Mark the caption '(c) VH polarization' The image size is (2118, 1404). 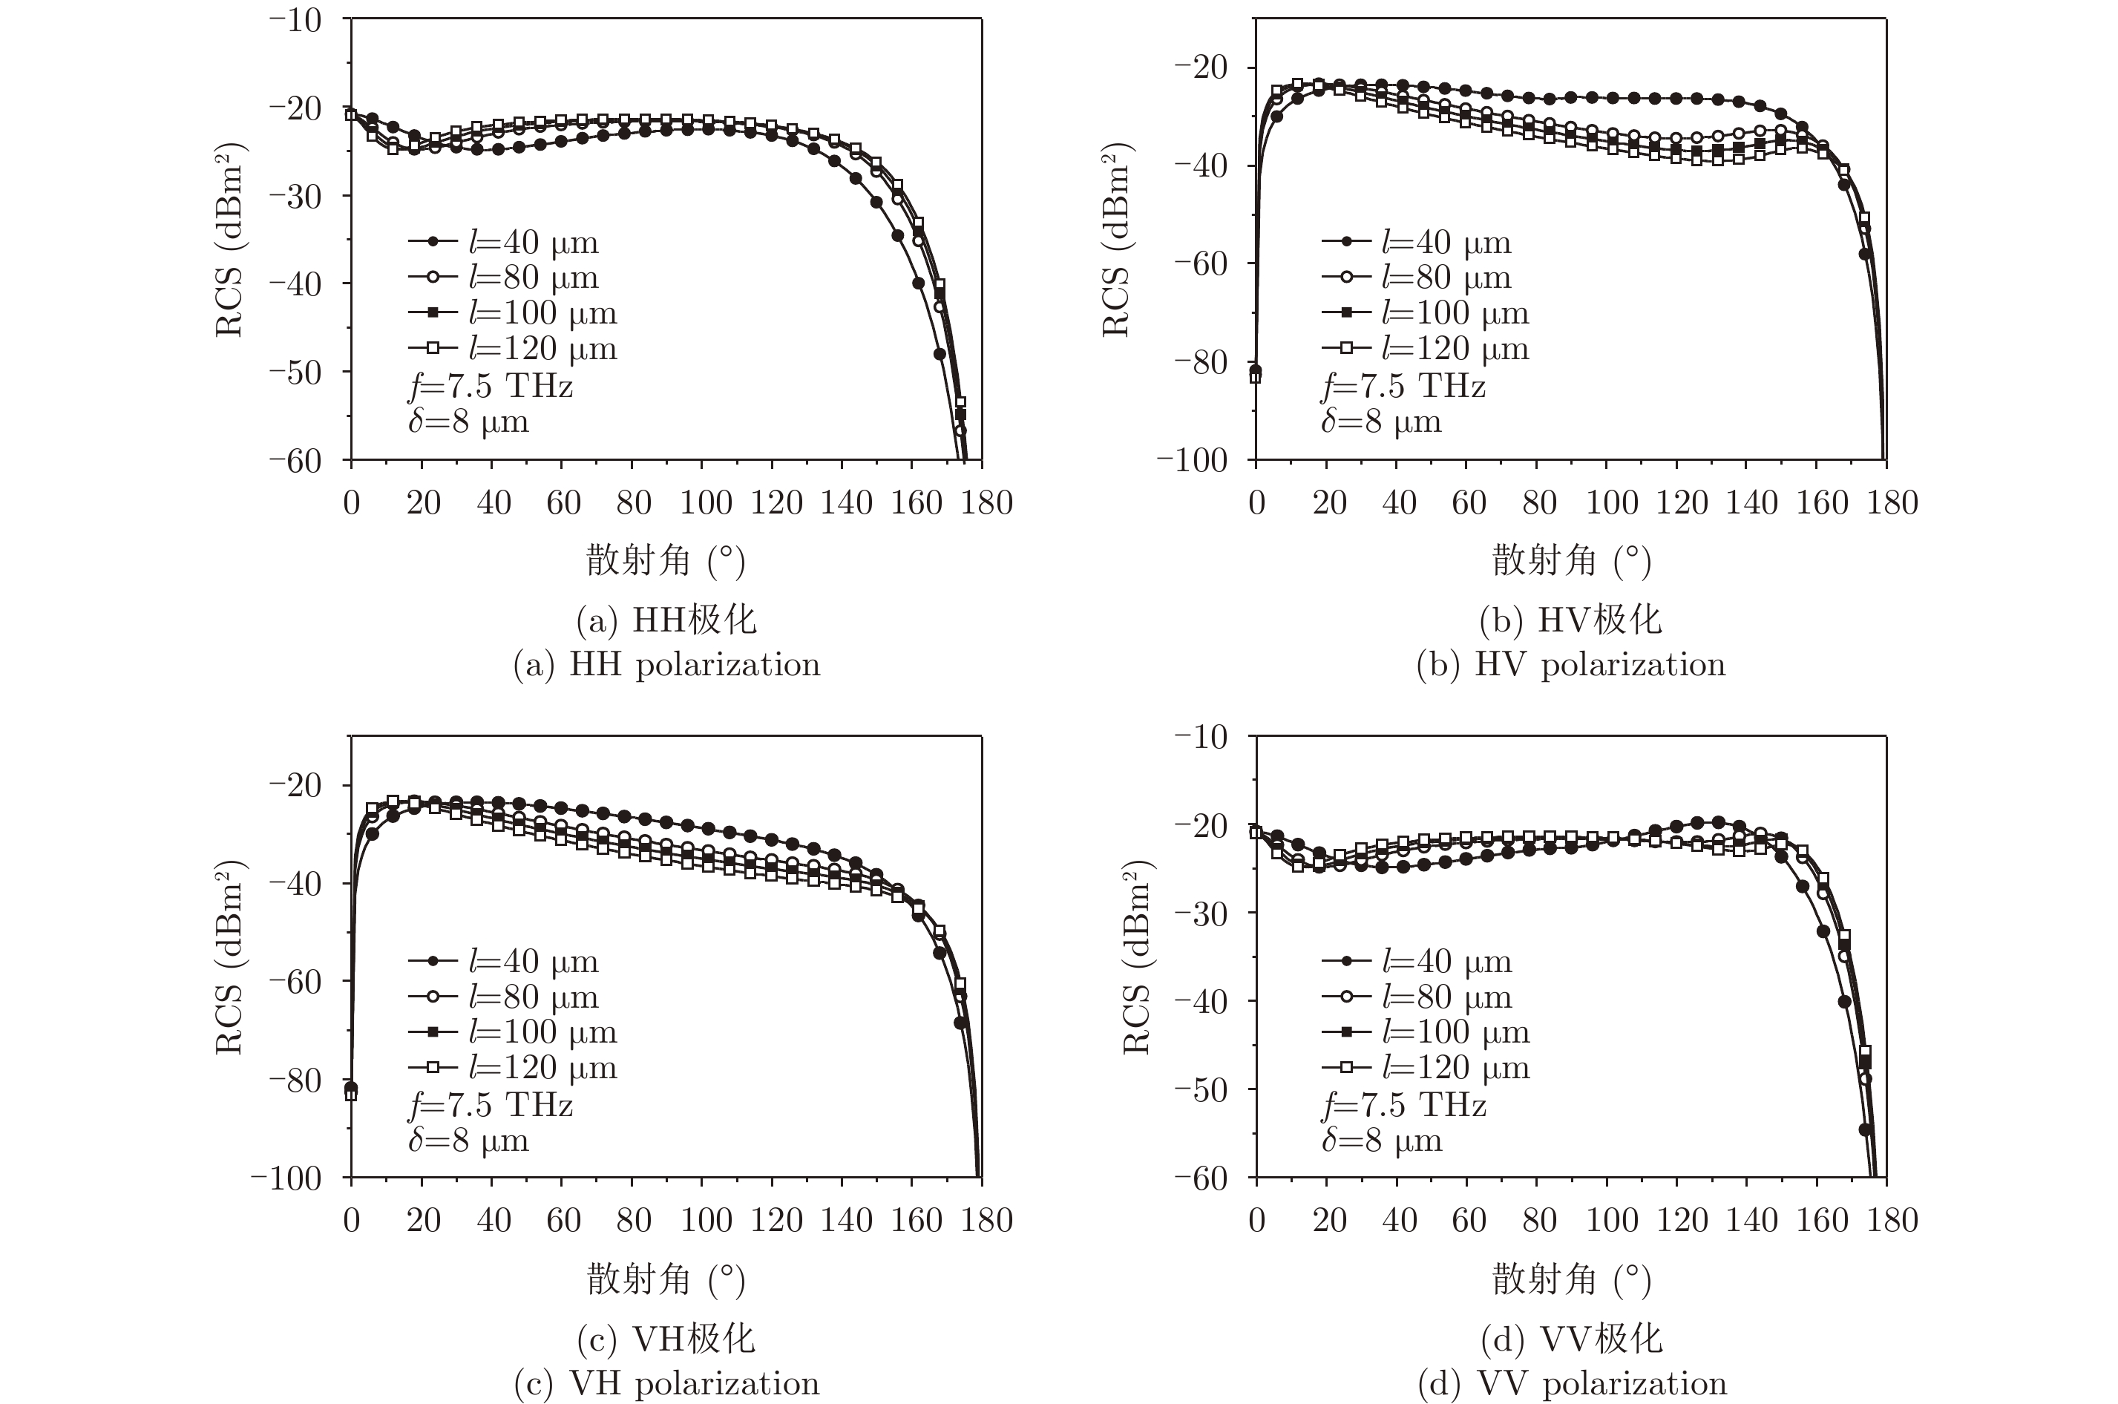[666, 1384]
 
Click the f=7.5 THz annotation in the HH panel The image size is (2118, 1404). [491, 386]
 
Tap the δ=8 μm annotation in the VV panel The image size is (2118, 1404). [1381, 1141]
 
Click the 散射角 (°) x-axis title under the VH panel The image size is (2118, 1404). [666, 1279]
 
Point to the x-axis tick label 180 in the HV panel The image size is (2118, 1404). [1892, 503]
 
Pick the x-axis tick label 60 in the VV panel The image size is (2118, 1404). [1468, 1221]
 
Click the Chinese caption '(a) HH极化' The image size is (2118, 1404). [666, 620]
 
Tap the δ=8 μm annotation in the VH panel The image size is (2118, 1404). [468, 1141]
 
